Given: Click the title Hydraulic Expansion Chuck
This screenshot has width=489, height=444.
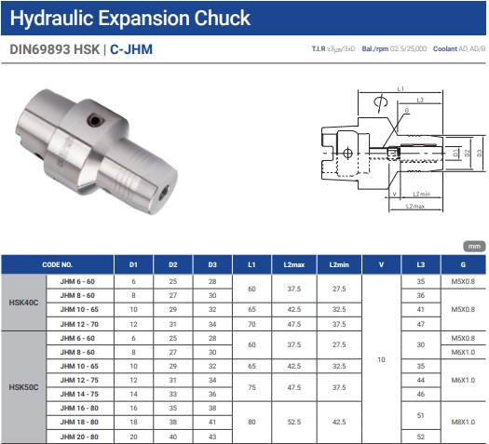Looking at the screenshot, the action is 130,18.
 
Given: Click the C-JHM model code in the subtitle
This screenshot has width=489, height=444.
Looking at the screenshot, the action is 131,49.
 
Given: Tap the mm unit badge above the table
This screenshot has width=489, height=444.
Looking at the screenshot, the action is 474,247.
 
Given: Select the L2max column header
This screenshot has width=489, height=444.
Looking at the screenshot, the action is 293,265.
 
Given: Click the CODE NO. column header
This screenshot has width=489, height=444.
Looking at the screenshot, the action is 58,265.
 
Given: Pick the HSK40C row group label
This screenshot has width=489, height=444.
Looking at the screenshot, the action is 23,303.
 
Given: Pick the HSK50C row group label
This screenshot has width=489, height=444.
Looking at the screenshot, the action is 23,387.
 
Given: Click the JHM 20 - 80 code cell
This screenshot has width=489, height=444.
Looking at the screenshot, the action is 79,437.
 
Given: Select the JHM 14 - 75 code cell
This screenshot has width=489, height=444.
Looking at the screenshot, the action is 79,394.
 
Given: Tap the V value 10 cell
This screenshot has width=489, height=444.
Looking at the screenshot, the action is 381,359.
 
